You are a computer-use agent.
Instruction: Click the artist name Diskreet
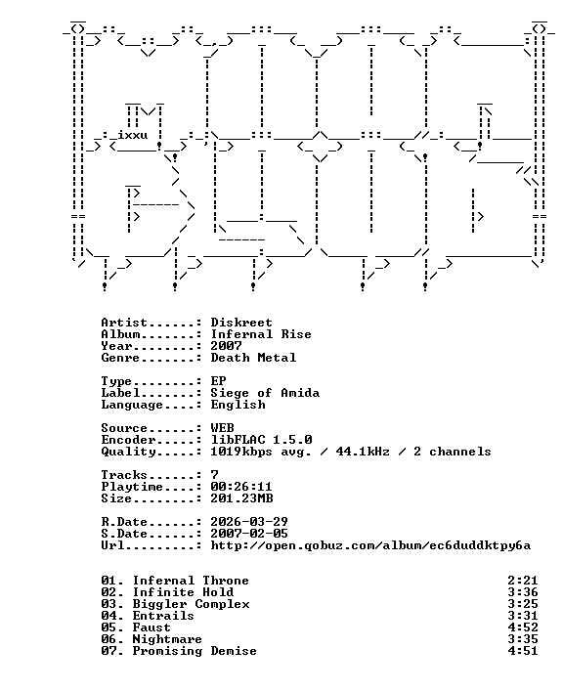[x=240, y=323]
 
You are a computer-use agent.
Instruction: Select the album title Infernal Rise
[x=261, y=334]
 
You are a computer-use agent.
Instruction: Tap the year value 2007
[x=226, y=346]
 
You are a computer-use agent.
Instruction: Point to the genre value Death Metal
[x=253, y=358]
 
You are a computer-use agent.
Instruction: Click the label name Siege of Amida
[x=265, y=393]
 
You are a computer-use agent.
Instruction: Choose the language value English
[x=238, y=405]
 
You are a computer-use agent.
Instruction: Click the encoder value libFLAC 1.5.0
[x=261, y=440]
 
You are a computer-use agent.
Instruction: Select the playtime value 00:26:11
[x=241, y=487]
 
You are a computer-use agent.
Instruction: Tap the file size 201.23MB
[x=241, y=498]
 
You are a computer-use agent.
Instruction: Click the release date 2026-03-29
[x=249, y=522]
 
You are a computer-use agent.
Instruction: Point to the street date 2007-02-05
[x=249, y=534]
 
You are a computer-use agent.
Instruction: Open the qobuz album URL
[x=370, y=546]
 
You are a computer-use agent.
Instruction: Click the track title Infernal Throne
[x=191, y=581]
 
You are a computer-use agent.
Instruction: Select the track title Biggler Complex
[x=191, y=604]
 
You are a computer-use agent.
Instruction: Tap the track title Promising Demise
[x=195, y=651]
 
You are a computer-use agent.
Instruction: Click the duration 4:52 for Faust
[x=522, y=627]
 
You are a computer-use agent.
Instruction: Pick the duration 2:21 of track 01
[x=522, y=581]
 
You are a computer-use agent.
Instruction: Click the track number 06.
[x=110, y=639]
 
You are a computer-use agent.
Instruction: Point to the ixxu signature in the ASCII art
[x=132, y=135]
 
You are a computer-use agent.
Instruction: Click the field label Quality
[x=128, y=452]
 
